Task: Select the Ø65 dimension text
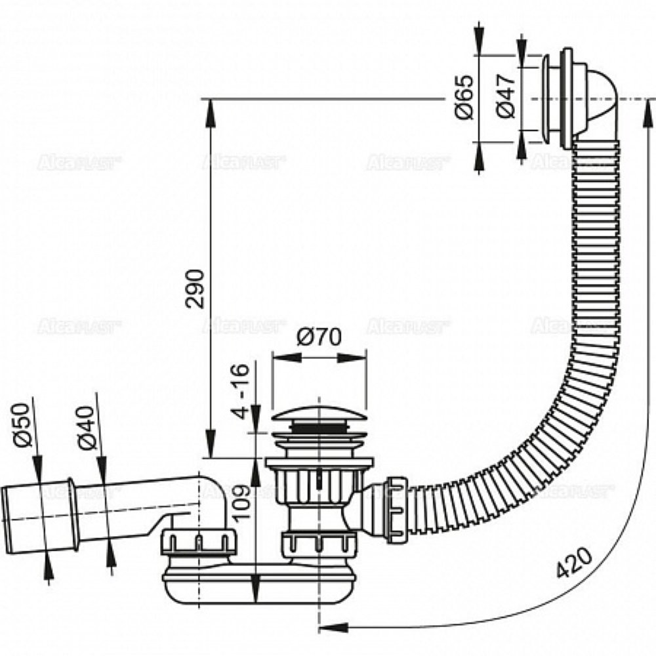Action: pyautogui.click(x=464, y=97)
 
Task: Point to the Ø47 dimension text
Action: pyautogui.click(x=506, y=97)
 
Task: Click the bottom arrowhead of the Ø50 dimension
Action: pyautogui.click(x=48, y=566)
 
